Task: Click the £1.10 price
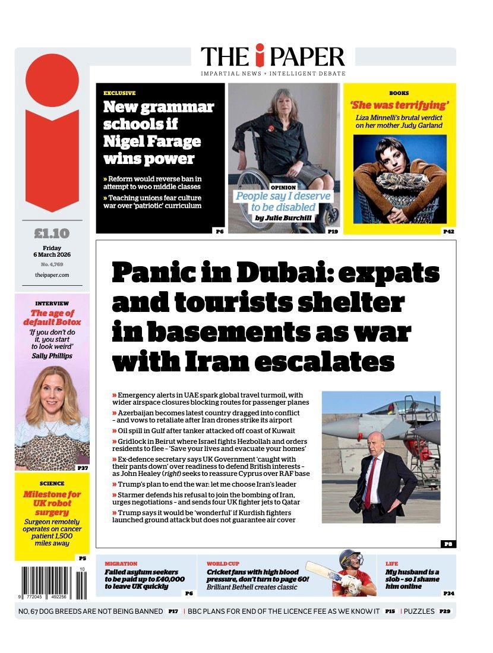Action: tap(52, 234)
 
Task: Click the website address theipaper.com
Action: tap(52, 275)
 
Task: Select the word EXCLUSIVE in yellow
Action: tap(119, 93)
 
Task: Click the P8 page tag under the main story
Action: tap(448, 544)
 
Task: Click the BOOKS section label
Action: tap(399, 93)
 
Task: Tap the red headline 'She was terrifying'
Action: tap(399, 105)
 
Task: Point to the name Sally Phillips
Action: tap(52, 355)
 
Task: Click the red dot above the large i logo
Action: tap(52, 81)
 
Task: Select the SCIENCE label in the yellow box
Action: tap(52, 484)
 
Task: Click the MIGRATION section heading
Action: tap(121, 563)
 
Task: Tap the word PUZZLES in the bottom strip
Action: tap(419, 611)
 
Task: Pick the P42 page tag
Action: tap(448, 231)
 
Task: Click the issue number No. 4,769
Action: tap(52, 264)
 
